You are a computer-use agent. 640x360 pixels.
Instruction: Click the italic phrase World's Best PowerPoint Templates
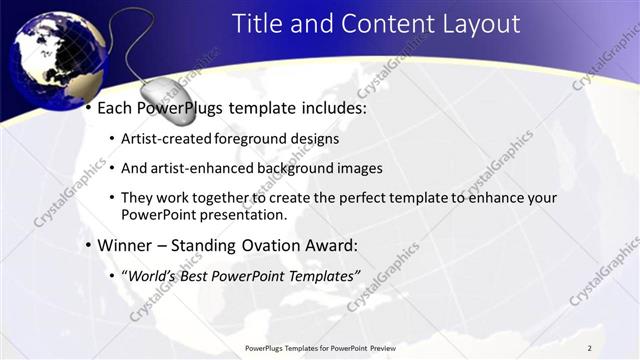(241, 273)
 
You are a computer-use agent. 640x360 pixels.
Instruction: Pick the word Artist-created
(165, 139)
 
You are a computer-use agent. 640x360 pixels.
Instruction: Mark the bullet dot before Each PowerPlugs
(89, 106)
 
